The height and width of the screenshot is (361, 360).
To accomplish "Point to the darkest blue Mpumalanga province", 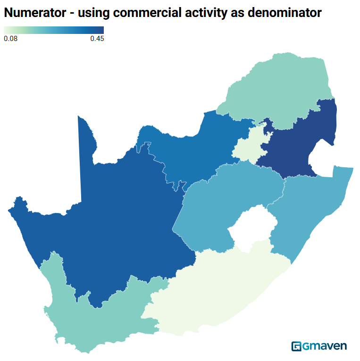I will tap(297, 141).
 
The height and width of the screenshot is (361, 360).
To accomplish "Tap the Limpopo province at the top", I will tap(278, 90).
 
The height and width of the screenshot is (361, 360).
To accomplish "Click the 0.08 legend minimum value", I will tap(10, 39).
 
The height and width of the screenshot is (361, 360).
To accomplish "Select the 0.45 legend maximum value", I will tap(97, 39).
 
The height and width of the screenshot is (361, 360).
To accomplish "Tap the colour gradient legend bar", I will tap(53, 30).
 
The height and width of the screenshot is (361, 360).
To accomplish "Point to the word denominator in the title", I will tap(284, 13).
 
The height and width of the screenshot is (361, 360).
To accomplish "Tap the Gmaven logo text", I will tap(325, 346).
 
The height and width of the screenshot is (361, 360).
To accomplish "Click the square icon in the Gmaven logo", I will tap(297, 346).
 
